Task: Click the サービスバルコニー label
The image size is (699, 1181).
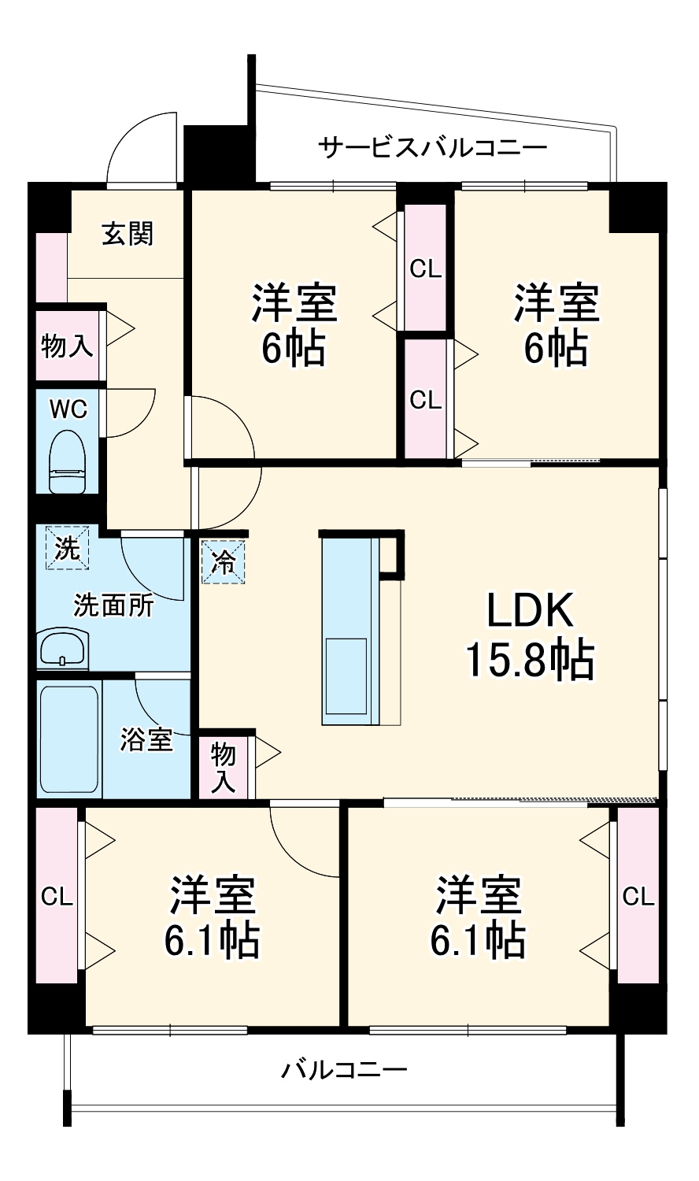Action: (432, 147)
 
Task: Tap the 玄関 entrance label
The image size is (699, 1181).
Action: (128, 234)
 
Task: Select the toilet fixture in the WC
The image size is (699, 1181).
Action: (68, 462)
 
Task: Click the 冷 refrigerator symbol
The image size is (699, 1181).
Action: (224, 561)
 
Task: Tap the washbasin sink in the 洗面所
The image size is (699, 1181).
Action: (62, 649)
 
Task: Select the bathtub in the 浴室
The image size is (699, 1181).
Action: (69, 739)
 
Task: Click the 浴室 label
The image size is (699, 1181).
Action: (146, 739)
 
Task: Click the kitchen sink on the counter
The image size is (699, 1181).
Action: (346, 665)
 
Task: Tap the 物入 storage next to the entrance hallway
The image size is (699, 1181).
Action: (68, 346)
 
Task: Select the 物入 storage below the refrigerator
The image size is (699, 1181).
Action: (224, 766)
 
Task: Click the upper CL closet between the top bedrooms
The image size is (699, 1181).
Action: (426, 268)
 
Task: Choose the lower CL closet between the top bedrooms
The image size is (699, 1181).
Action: (426, 399)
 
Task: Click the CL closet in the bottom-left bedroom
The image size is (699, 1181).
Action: (57, 896)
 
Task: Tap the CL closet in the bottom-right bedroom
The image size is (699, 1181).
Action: (638, 896)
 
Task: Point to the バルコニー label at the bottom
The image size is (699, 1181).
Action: (345, 1070)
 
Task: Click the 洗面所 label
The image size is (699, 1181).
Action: (113, 605)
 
